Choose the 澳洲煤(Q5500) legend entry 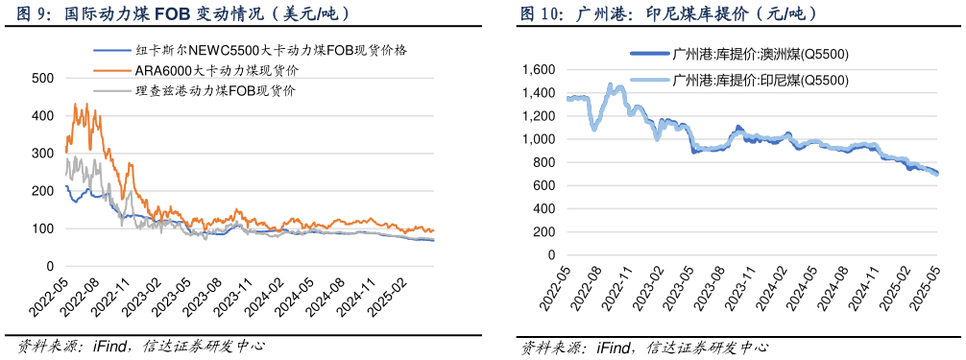(x=761, y=55)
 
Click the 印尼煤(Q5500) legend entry (x=761, y=81)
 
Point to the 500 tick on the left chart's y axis (x=42, y=78)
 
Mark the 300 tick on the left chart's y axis (x=42, y=154)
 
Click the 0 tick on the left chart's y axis (x=48, y=267)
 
